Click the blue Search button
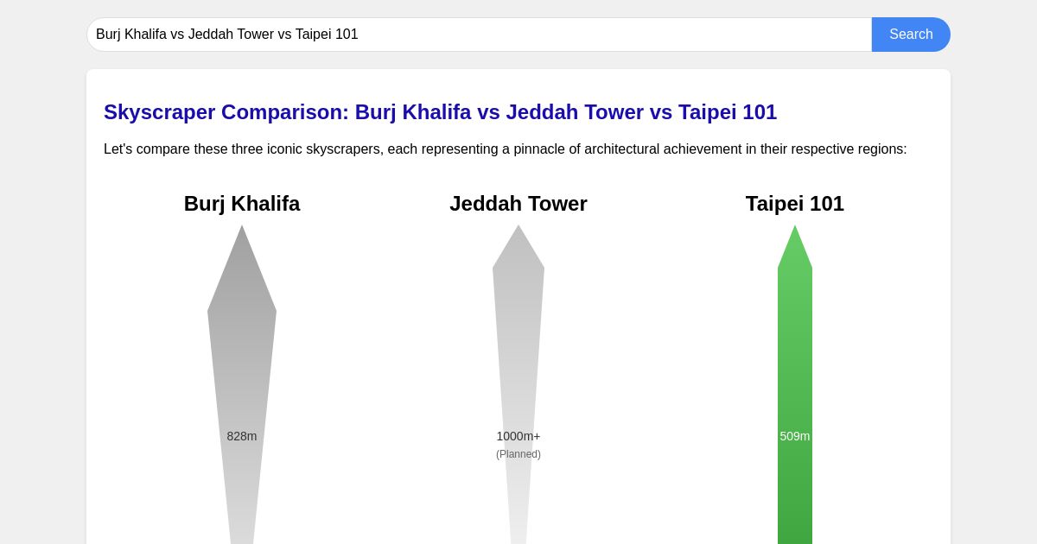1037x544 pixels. click(911, 35)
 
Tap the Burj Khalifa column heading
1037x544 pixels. click(242, 204)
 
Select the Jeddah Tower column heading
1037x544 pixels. click(518, 204)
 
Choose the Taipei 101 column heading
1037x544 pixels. click(795, 204)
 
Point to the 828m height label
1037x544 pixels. click(242, 436)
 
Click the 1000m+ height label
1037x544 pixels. click(518, 436)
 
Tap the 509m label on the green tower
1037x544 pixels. click(795, 436)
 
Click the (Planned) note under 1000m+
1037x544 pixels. click(518, 454)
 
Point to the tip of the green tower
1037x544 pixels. click(795, 229)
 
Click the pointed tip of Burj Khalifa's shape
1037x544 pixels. click(242, 230)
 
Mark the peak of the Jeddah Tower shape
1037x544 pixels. click(518, 229)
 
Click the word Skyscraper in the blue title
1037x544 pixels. click(159, 112)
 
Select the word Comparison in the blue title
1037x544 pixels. click(285, 112)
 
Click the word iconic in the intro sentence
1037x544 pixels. click(284, 149)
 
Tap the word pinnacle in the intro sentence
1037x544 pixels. click(538, 149)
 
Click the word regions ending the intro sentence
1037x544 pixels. click(881, 149)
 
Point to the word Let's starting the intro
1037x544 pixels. click(118, 149)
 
